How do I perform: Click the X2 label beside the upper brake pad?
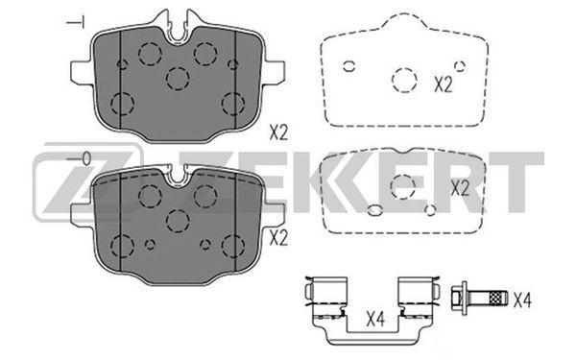(x=278, y=132)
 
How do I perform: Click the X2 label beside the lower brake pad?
(x=278, y=238)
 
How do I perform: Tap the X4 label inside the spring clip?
(x=375, y=319)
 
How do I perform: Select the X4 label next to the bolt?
(x=522, y=300)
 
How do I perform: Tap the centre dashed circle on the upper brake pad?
(x=178, y=79)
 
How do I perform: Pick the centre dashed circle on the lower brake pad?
(x=178, y=221)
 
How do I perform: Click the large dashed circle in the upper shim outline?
(x=404, y=80)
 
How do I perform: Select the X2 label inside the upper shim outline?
(x=443, y=84)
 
